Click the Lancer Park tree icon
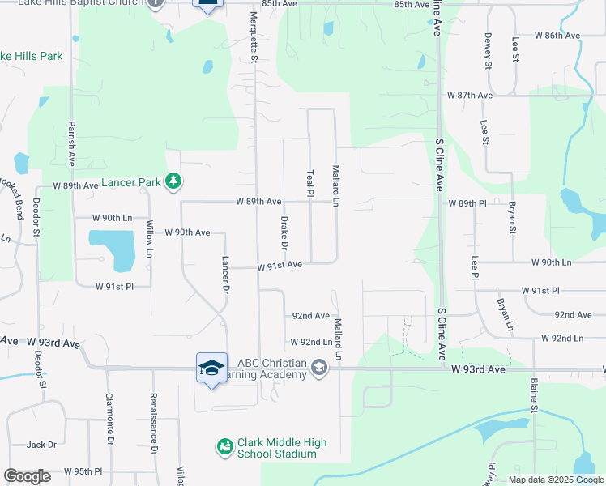pyautogui.click(x=173, y=181)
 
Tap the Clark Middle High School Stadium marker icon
pyautogui.click(x=224, y=446)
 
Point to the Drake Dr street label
pyautogui.click(x=284, y=232)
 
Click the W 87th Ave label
pyautogui.click(x=470, y=95)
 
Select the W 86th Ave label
pyautogui.click(x=558, y=36)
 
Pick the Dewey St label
pyautogui.click(x=488, y=49)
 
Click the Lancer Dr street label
pyautogui.click(x=226, y=275)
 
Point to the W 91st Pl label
pyautogui.click(x=114, y=287)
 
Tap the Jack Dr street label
pyautogui.click(x=41, y=445)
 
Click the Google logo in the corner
pyautogui.click(x=28, y=476)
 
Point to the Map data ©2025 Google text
pyautogui.click(x=556, y=480)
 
